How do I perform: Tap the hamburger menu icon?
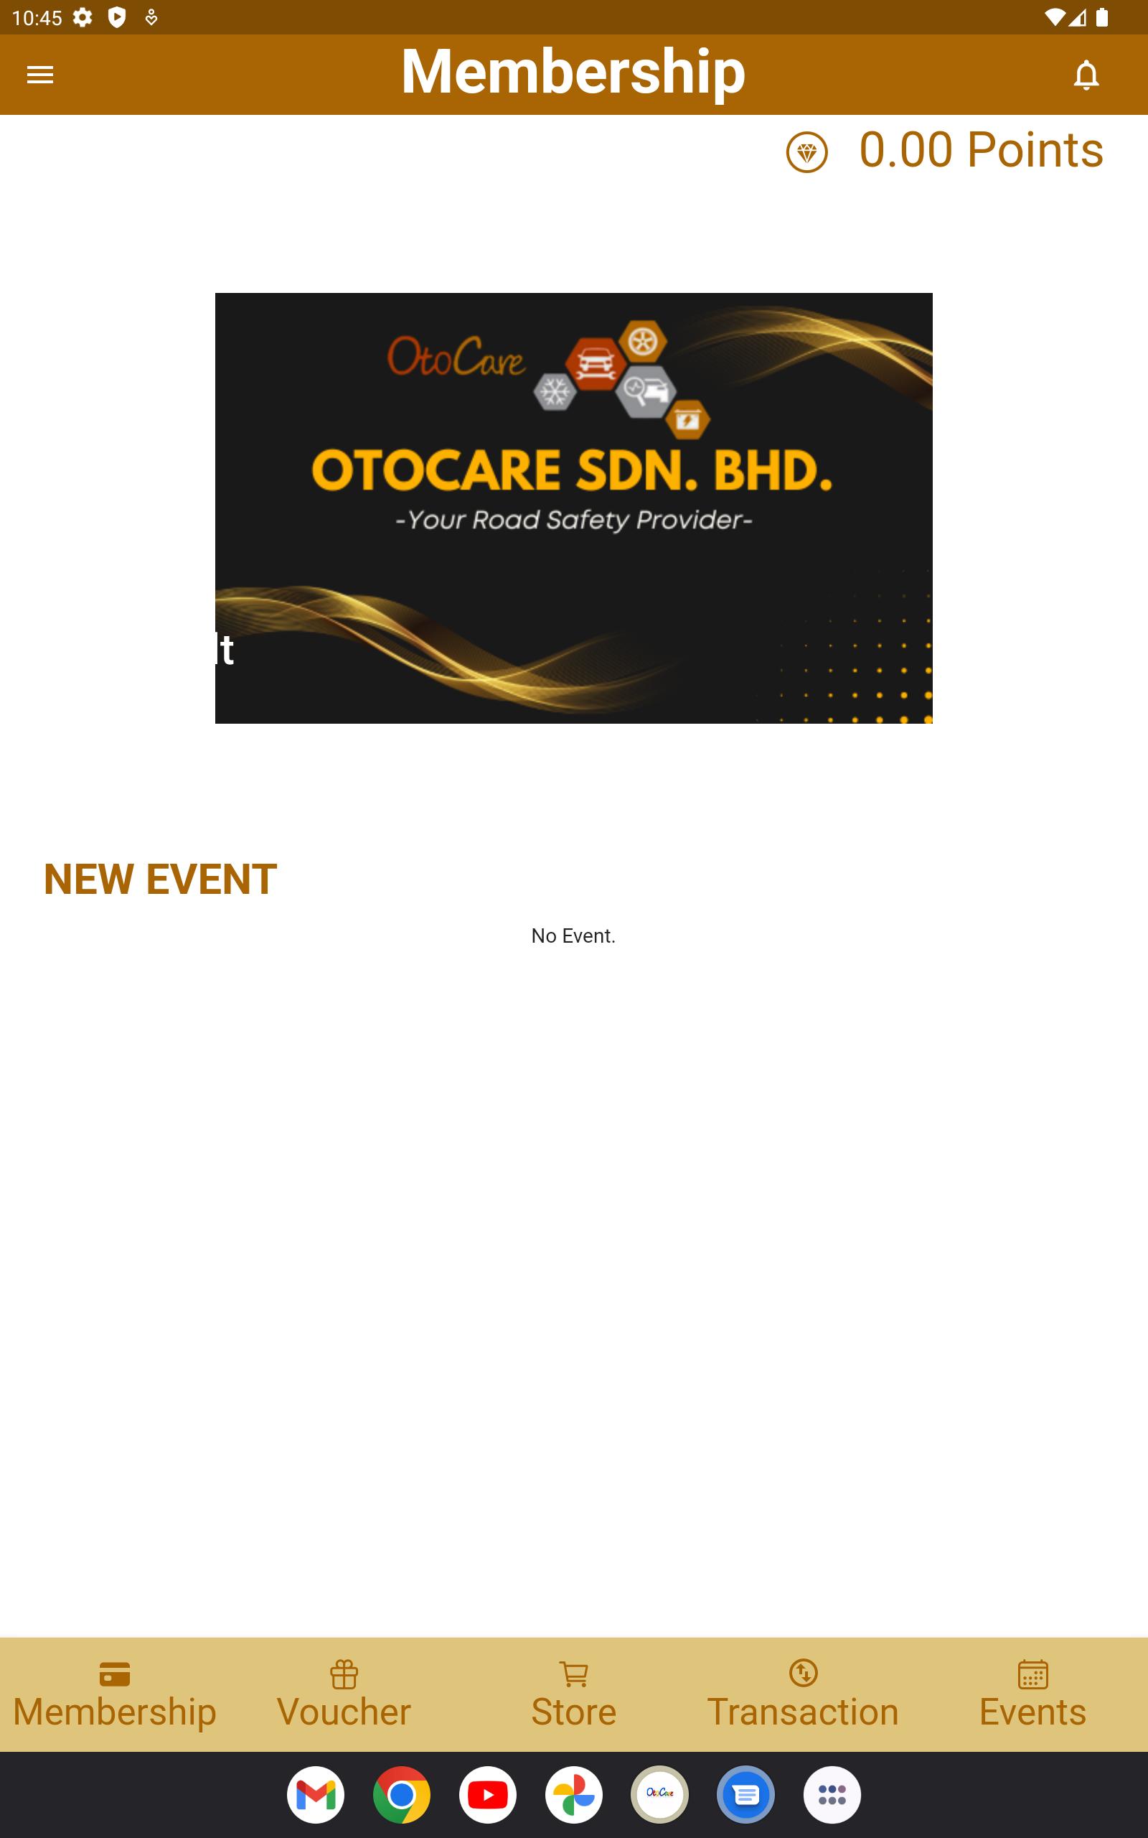tap(40, 75)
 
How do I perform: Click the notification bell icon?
tap(1086, 75)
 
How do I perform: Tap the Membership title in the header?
tap(573, 72)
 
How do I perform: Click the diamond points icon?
tap(806, 152)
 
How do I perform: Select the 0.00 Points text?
tap(981, 149)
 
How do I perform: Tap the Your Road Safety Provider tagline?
tap(574, 521)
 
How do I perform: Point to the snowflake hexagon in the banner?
tap(555, 392)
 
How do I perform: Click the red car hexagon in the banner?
tap(596, 364)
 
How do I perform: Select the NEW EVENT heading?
tap(160, 880)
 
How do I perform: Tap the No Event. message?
tap(573, 936)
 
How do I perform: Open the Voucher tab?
tap(344, 1694)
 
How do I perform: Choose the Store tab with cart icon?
tap(573, 1694)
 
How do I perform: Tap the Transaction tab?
tap(803, 1694)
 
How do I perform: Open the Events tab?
tap(1032, 1694)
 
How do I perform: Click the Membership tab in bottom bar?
tap(115, 1694)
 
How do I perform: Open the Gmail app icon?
tap(316, 1795)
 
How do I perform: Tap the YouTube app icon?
tap(487, 1795)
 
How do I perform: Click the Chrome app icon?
tap(402, 1795)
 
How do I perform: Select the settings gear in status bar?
tap(83, 17)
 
